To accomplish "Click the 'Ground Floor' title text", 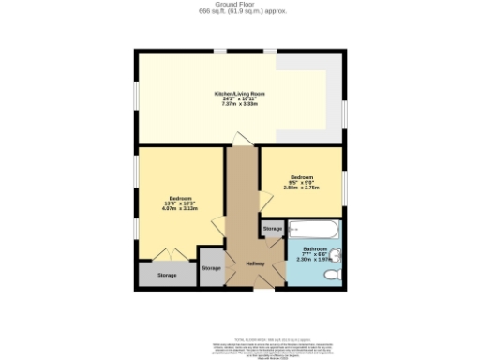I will pyautogui.click(x=242, y=5).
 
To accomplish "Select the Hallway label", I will pyautogui.click(x=255, y=263).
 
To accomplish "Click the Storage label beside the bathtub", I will pyautogui.click(x=272, y=229).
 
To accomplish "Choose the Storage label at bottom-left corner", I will pyautogui.click(x=167, y=275).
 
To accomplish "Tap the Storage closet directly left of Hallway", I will pyautogui.click(x=212, y=268).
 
